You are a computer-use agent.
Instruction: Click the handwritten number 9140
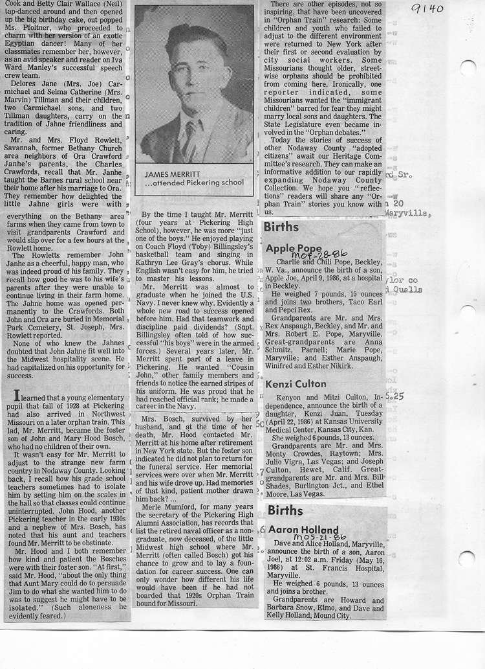pyautogui.click(x=426, y=8)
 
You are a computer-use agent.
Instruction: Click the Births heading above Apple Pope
pyautogui.click(x=281, y=227)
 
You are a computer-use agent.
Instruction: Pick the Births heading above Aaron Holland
pyautogui.click(x=285, y=510)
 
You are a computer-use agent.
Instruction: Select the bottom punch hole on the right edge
pyautogui.click(x=466, y=558)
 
